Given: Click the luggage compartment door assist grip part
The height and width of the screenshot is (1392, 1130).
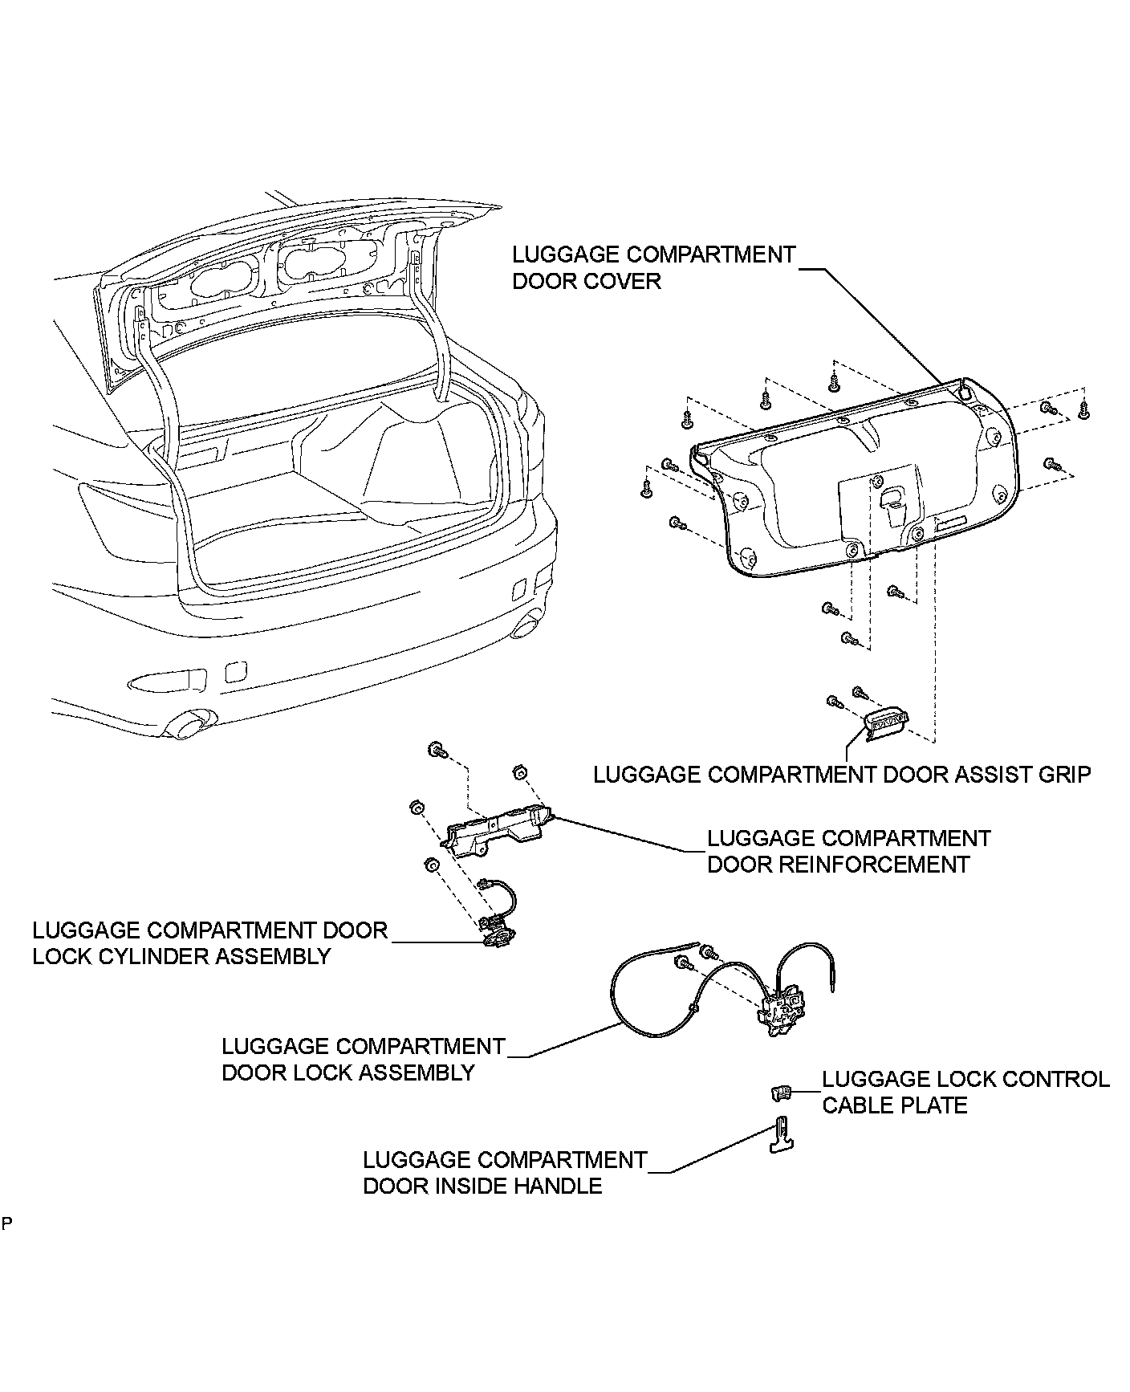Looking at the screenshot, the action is tap(888, 720).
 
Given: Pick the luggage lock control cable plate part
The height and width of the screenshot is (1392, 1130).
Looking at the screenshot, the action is tap(780, 1091).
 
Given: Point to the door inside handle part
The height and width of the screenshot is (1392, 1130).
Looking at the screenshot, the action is tap(781, 1134).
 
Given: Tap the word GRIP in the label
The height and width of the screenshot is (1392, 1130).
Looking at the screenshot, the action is tap(1064, 775).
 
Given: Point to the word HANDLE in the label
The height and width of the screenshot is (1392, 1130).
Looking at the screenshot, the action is tap(559, 1186).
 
